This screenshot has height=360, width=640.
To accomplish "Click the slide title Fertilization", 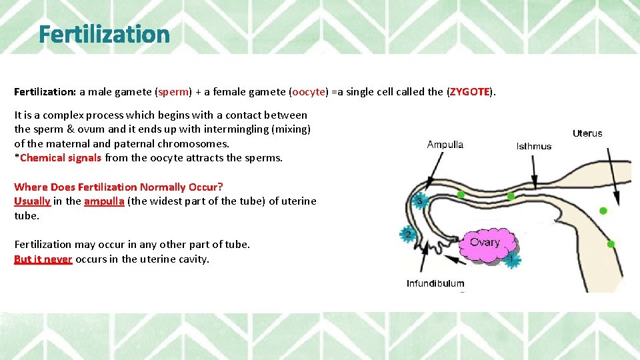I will click(104, 33).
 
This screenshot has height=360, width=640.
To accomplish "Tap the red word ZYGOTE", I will click(470, 92).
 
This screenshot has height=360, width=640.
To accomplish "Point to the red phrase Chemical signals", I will click(61, 158).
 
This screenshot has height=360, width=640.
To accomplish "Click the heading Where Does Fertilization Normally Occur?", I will click(119, 187).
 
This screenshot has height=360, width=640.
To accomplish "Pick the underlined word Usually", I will click(32, 201).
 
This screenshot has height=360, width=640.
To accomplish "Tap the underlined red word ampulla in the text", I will click(104, 201).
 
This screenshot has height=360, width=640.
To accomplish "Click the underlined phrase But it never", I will click(43, 259).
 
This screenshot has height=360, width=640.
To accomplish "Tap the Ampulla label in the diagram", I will click(445, 145).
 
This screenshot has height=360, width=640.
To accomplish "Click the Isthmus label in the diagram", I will click(533, 146).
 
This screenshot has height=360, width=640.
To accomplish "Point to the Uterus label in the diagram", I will click(587, 133).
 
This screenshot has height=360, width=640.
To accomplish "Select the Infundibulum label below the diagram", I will click(435, 283).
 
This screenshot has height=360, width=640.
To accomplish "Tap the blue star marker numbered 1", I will click(511, 259).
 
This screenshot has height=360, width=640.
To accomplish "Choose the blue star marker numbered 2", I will click(407, 234).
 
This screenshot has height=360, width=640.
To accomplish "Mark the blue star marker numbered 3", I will click(419, 201).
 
